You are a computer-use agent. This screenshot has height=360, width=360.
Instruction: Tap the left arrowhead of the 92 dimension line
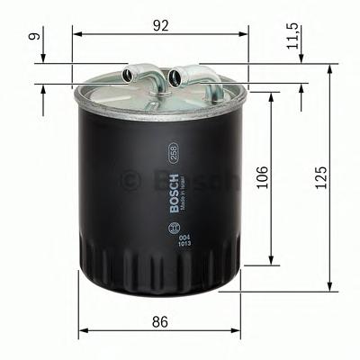pos(76,33)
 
